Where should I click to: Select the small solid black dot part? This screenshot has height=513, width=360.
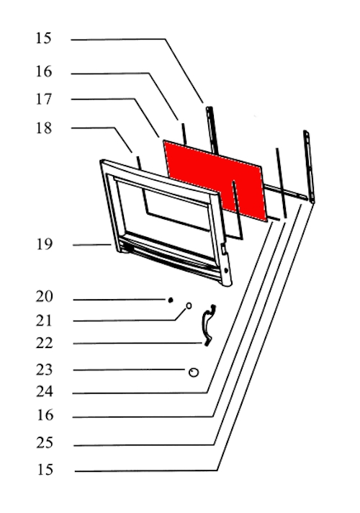tap(171, 300)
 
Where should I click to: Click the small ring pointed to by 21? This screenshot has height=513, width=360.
tap(189, 305)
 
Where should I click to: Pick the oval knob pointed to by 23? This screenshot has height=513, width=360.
tap(194, 373)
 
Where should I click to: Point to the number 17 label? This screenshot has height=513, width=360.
tap(43, 99)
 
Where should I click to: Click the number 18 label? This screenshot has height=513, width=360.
tap(43, 128)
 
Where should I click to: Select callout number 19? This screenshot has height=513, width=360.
tap(44, 244)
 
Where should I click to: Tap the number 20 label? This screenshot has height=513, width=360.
tap(44, 296)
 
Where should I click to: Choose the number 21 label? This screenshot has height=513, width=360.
tap(44, 321)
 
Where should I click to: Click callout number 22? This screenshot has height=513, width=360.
tap(44, 343)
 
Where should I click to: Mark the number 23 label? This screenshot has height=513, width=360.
tap(44, 370)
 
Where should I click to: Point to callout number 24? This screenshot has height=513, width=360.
tap(44, 391)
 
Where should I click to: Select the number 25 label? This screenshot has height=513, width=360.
tap(45, 442)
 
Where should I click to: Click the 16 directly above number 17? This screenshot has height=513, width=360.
tap(43, 71)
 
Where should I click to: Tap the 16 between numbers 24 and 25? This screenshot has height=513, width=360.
tap(45, 415)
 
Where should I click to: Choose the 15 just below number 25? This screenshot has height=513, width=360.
tap(45, 470)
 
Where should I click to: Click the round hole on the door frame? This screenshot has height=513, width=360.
tap(226, 271)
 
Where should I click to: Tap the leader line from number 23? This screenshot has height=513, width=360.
tap(129, 370)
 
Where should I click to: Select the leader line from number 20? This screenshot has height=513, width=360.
tap(120, 300)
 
